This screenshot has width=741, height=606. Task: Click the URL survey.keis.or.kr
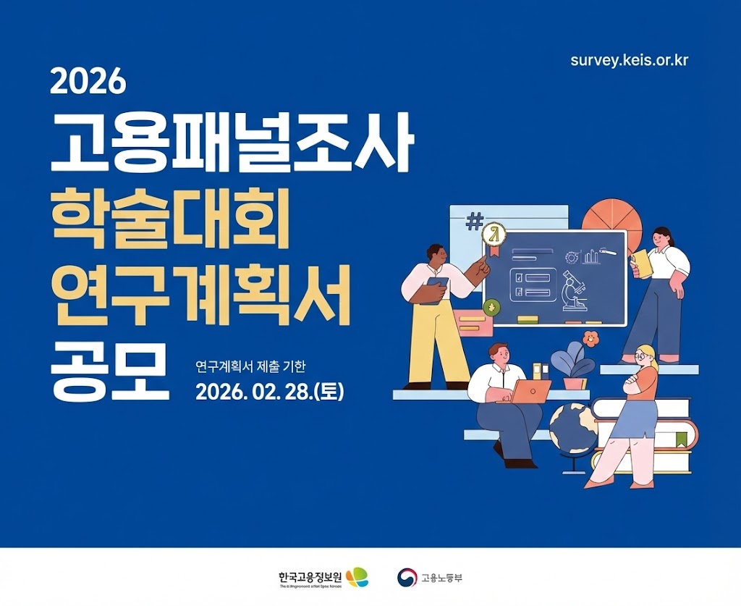(x=629, y=59)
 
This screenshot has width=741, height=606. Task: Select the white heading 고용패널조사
(x=232, y=145)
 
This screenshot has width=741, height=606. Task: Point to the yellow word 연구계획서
(x=200, y=295)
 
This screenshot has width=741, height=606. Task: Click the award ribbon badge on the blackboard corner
(x=494, y=237)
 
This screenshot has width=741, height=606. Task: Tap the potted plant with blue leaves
(x=572, y=366)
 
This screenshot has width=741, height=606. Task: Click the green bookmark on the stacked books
(x=681, y=439)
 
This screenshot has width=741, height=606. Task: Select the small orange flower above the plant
(x=591, y=337)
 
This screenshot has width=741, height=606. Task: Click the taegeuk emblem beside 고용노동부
(x=407, y=577)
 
